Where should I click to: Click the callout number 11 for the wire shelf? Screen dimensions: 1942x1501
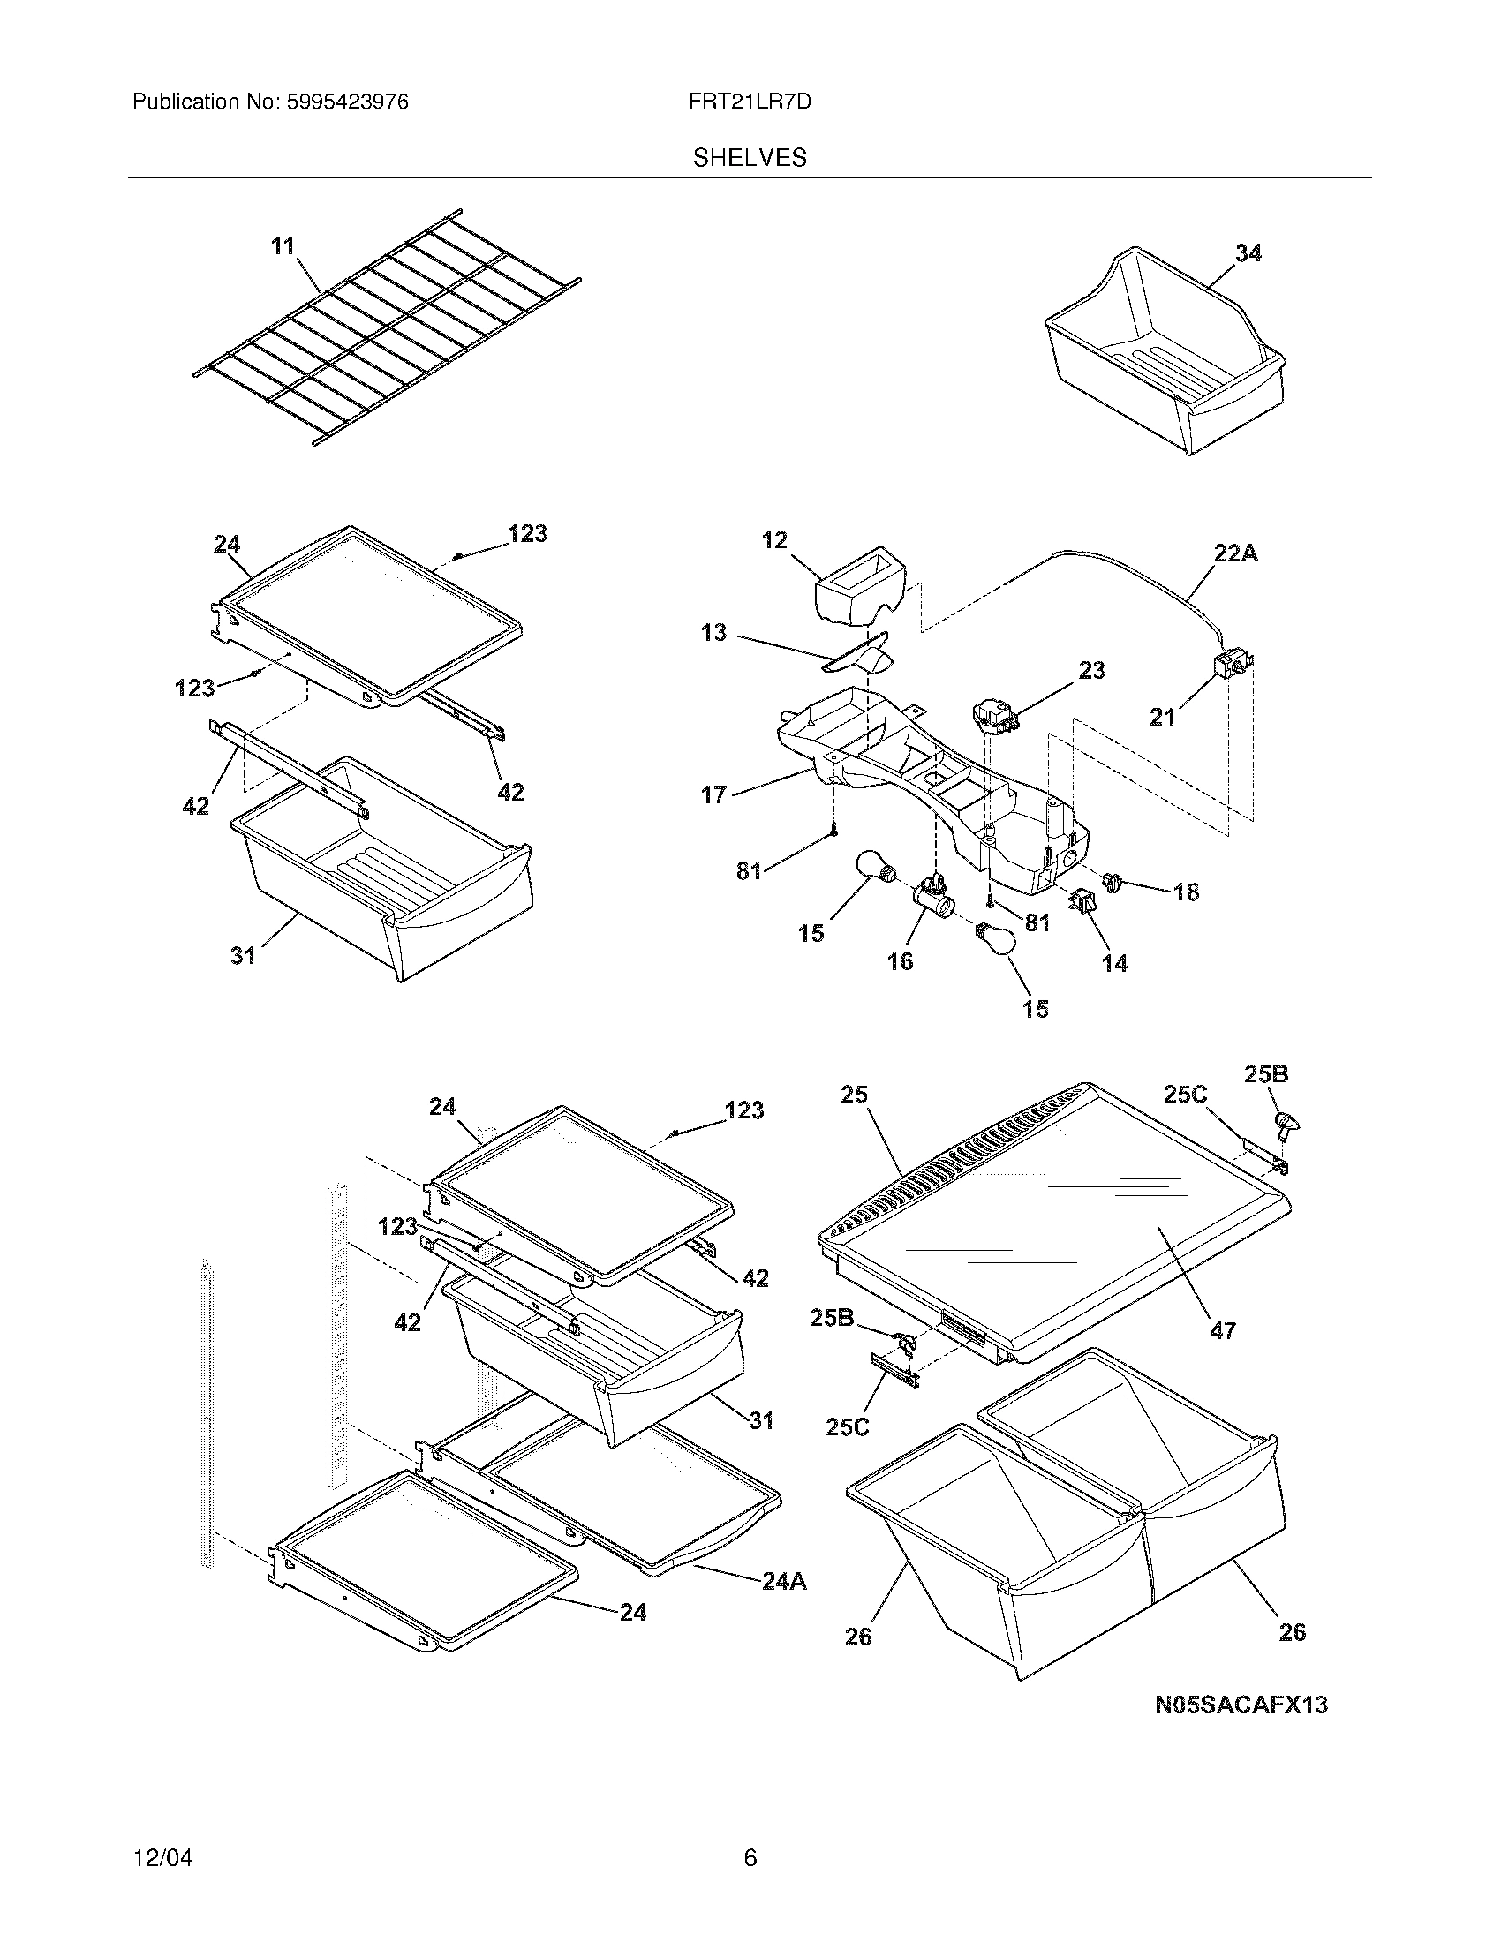point(283,245)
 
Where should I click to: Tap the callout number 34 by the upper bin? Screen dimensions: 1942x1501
point(1248,253)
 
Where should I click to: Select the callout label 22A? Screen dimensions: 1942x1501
point(1235,553)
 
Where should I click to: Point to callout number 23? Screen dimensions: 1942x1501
point(1091,670)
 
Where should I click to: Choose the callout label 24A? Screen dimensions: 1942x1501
point(783,1581)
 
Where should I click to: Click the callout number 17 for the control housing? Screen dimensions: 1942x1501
point(714,794)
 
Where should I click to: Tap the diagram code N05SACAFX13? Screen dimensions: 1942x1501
point(1241,1705)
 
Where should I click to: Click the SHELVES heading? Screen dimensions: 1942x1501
point(750,158)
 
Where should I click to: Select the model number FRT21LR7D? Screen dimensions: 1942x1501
point(750,102)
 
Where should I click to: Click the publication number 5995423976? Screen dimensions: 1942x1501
point(347,102)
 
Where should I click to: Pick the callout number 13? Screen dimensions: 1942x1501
point(713,633)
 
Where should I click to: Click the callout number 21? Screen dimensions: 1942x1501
point(1162,716)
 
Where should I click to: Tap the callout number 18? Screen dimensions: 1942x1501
point(1186,891)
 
